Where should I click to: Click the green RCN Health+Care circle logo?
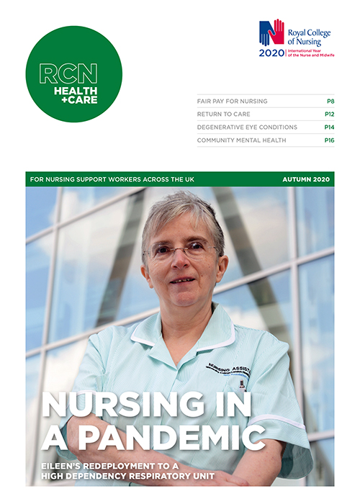[x=73, y=74]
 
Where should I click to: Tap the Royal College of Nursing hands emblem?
[x=271, y=33]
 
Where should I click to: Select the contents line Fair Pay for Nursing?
[x=232, y=102]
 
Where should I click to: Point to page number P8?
[x=329, y=102]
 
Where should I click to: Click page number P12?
[x=328, y=114]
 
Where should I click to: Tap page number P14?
[x=328, y=127]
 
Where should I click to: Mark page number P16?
[x=328, y=140]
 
